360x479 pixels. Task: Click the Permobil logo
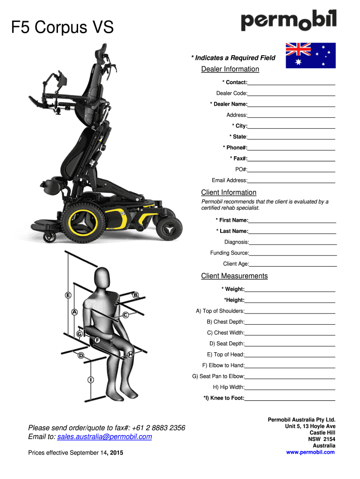[288, 22]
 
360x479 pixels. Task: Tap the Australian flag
[310, 55]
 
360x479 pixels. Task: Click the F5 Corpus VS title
[62, 29]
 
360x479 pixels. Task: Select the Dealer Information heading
[230, 69]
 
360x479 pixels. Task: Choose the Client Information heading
[229, 193]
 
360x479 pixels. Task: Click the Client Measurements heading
[234, 276]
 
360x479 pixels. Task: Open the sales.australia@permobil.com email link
[104, 437]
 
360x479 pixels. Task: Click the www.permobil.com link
[310, 452]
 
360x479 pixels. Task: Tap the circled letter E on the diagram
[68, 296]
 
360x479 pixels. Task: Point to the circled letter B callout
[136, 296]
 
